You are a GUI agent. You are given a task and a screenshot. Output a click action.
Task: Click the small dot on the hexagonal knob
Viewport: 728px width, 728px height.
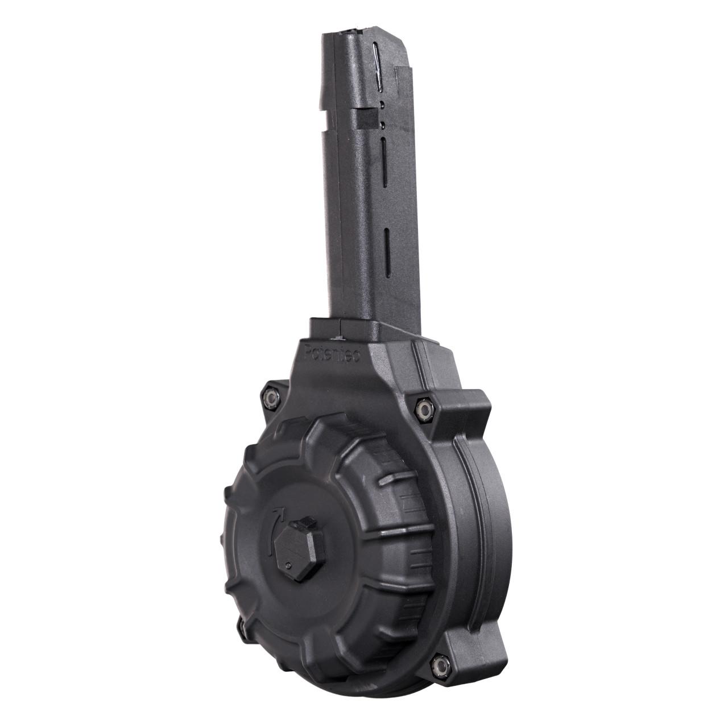[289, 565]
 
